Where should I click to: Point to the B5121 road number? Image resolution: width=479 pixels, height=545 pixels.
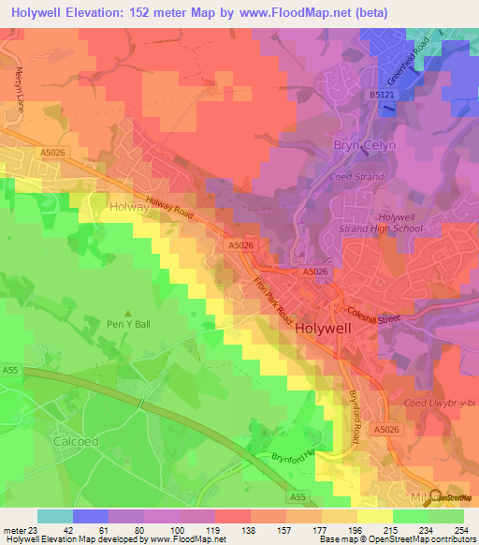click(379, 96)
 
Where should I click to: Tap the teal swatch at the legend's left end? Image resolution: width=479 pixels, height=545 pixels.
click(55, 516)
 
